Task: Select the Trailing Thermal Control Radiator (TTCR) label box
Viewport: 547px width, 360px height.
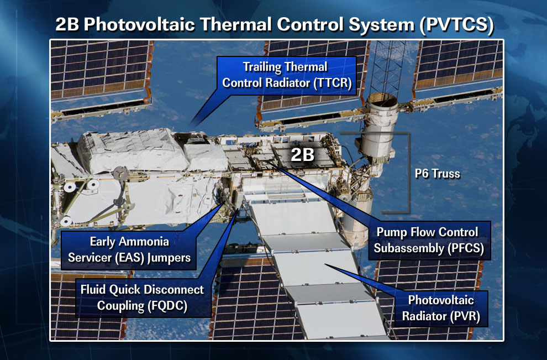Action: coord(287,75)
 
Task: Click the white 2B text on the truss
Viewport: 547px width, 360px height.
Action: coord(302,154)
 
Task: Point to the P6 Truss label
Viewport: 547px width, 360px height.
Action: coord(438,174)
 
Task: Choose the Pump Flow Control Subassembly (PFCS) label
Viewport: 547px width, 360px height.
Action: coord(429,240)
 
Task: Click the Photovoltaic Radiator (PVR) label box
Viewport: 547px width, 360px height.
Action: coord(441,309)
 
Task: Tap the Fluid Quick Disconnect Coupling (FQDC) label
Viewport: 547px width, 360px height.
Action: coord(143,298)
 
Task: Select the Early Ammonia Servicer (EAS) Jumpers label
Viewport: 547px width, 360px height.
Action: coord(129,249)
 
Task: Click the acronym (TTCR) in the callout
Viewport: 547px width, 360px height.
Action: coord(333,84)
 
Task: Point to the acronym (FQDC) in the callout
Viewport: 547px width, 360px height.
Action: coord(167,306)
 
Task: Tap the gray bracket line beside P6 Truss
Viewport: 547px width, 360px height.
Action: coord(408,173)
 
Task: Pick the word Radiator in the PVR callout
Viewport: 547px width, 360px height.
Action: coord(424,316)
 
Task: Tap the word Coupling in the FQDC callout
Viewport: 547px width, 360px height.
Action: coord(120,306)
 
